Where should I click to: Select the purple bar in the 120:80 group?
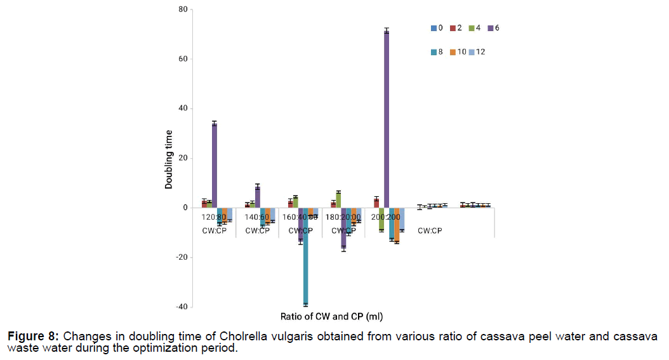215,166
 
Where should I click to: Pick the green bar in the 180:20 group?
339,200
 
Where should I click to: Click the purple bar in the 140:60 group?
258,197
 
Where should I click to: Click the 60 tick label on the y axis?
183,59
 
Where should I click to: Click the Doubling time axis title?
169,159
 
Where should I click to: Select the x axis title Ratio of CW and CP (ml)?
331,316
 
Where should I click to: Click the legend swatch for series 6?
489,28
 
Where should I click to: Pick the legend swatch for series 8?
434,51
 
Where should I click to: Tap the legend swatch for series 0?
434,28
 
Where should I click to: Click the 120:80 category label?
215,217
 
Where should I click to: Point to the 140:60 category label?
258,217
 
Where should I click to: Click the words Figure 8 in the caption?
34,336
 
